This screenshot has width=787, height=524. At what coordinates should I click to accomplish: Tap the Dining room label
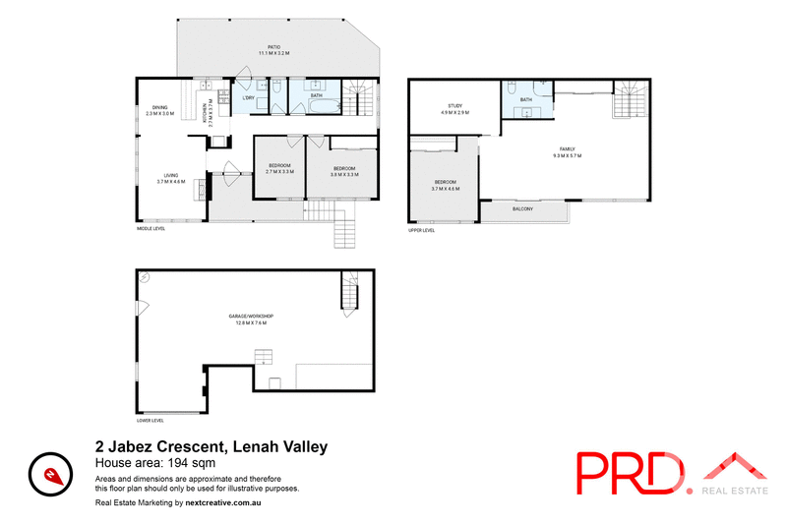159,108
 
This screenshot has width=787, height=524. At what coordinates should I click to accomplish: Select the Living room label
171,175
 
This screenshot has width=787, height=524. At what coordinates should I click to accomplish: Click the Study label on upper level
454,107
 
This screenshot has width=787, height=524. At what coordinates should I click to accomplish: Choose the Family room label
568,149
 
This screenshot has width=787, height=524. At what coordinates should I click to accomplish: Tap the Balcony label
523,208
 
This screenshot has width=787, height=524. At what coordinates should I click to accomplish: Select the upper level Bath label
526,99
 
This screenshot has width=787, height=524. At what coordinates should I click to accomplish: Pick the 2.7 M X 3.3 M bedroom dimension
280,172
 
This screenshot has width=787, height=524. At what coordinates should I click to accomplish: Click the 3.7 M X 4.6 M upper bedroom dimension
447,188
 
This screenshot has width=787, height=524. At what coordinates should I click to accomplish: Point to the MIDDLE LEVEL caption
151,229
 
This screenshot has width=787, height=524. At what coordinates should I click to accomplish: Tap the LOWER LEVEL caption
151,417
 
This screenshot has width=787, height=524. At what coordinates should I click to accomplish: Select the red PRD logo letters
631,474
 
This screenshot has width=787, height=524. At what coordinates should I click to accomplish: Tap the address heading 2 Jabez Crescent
211,446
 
